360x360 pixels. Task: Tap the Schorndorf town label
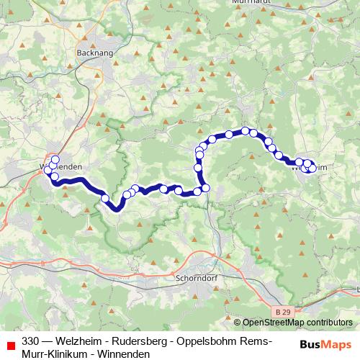tap(195, 275)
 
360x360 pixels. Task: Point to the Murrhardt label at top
tap(251, 3)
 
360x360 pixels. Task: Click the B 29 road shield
tap(284, 310)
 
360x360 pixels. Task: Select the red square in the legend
tap(9, 343)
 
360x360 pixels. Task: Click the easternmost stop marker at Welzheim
tap(312, 164)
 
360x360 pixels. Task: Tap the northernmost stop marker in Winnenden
tap(55, 158)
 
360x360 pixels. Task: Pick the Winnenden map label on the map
tap(62, 167)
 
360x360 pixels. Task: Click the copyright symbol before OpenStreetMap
tap(238, 323)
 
